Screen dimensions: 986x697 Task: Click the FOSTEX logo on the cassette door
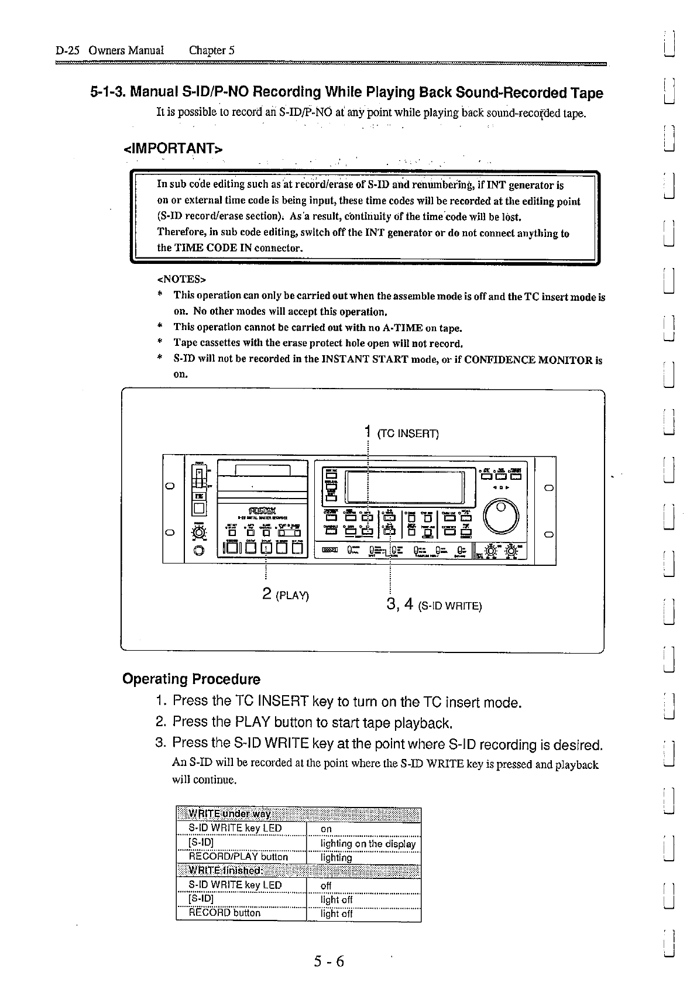click(x=262, y=508)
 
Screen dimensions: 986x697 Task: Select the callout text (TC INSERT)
click(x=408, y=434)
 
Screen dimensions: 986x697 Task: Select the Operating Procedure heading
click(x=191, y=679)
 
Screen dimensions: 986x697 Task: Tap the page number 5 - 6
click(x=328, y=961)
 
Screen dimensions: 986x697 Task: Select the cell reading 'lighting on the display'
click(x=368, y=843)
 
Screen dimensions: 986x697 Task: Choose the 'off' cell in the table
click(x=326, y=885)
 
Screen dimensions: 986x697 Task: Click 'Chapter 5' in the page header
click(x=211, y=50)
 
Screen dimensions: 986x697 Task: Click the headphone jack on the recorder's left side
click(x=200, y=551)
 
